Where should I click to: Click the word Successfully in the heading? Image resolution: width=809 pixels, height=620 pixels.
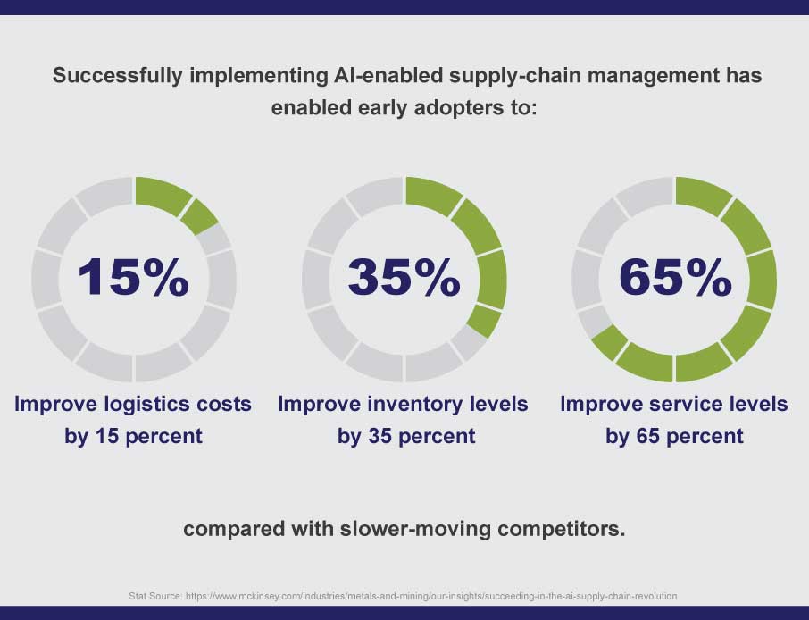click(x=118, y=76)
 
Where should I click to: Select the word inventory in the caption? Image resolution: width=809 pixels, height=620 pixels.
click(x=415, y=404)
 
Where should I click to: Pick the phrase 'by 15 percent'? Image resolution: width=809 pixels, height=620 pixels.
click(x=133, y=437)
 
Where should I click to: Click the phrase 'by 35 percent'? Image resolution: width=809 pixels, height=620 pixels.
click(x=406, y=437)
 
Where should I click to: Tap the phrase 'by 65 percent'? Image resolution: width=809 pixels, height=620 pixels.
click(x=674, y=437)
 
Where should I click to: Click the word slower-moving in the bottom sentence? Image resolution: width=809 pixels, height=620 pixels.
click(x=415, y=529)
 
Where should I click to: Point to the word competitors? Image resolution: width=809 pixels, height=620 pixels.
click(x=562, y=530)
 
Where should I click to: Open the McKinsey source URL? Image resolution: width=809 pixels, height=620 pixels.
click(x=431, y=596)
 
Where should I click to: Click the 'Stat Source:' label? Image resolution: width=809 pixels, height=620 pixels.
click(x=155, y=596)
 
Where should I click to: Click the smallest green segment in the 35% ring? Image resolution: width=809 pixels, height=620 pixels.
click(x=485, y=322)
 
